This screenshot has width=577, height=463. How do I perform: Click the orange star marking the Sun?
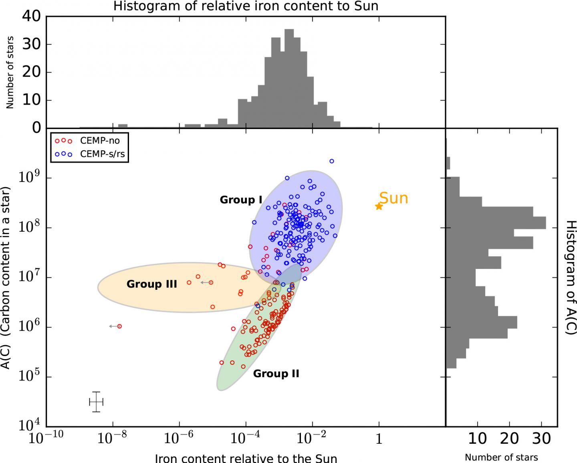[379, 206]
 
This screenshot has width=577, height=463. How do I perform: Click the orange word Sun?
[393, 198]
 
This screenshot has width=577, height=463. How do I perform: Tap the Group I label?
[241, 200]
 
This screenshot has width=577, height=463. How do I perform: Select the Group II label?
[276, 374]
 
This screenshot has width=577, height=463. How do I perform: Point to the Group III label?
[151, 284]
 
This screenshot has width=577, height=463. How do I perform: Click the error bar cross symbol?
[96, 402]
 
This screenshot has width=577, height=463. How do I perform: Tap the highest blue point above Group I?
[331, 161]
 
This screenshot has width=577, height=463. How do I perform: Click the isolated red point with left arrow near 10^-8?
[119, 326]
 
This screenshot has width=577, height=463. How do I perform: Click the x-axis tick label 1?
[379, 440]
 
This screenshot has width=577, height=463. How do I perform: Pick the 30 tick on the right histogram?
[541, 439]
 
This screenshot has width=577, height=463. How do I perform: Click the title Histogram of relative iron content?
[246, 6]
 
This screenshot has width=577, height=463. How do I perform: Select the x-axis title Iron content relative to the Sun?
[246, 458]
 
